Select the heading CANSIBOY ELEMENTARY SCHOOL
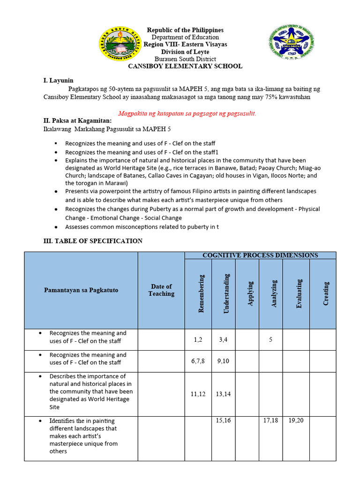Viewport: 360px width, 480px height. click(185, 66)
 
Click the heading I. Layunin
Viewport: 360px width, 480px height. click(59, 81)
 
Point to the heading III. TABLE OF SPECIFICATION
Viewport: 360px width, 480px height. click(93, 241)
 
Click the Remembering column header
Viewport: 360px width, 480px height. click(201, 294)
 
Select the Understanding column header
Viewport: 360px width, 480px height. click(226, 294)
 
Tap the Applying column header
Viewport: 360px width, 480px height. click(250, 294)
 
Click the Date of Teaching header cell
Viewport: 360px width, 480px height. click(161, 290)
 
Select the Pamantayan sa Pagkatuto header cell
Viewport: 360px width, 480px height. click(81, 290)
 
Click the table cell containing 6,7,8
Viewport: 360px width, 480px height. click(198, 361)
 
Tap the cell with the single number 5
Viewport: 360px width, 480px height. click(270, 339)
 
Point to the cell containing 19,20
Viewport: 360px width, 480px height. click(296, 420)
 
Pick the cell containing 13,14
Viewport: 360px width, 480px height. click(223, 394)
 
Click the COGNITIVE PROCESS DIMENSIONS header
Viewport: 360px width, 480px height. click(260, 255)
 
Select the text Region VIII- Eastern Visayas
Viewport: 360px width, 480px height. click(185, 44)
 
